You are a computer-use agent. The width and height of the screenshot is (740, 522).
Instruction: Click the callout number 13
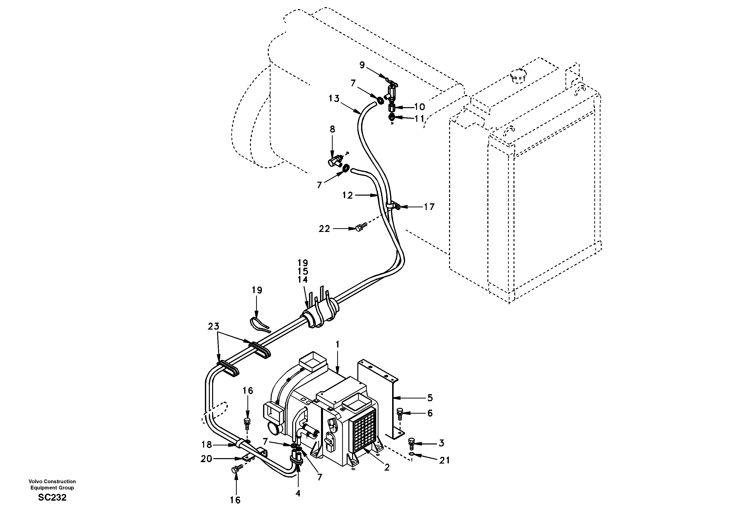(x=334, y=98)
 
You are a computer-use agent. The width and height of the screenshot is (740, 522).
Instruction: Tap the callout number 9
(x=362, y=65)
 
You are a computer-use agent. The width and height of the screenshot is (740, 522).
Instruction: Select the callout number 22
(x=324, y=228)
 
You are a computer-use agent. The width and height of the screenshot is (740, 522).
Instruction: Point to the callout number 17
(x=429, y=207)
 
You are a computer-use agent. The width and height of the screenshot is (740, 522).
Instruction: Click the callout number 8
(x=332, y=129)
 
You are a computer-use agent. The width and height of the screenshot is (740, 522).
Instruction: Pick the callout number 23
(x=213, y=326)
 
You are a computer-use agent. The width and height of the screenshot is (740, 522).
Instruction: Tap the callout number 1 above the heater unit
(x=337, y=345)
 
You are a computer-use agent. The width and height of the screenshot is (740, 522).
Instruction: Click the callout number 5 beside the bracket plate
(x=430, y=398)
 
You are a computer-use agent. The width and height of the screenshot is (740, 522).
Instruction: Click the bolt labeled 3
(x=412, y=443)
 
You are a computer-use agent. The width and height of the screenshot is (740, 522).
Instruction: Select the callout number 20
(x=206, y=459)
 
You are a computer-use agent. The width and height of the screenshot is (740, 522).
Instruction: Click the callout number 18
(x=207, y=445)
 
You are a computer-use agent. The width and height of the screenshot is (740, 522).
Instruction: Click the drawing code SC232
(x=52, y=497)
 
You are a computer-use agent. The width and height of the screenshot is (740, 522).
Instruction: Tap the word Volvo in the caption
(x=35, y=481)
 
